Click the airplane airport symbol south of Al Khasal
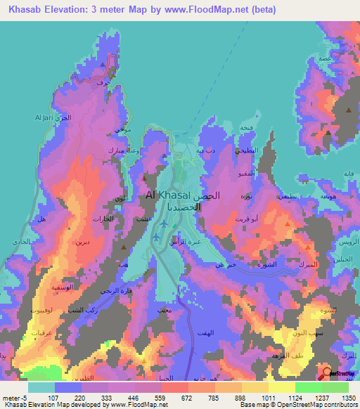(164, 224)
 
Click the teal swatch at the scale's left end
(41, 387)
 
